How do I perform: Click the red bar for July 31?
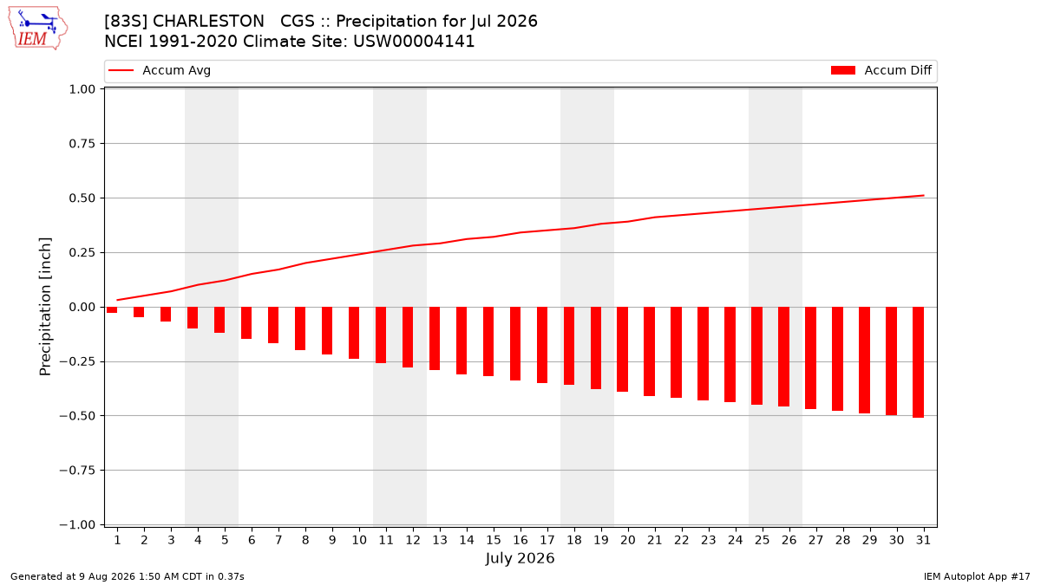(918, 362)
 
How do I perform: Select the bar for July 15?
(488, 341)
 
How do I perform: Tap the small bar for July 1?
(112, 309)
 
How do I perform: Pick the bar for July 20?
(622, 349)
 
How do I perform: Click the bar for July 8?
(300, 328)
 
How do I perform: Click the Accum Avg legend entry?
(160, 70)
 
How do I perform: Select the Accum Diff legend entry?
(881, 70)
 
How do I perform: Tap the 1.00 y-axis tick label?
(82, 89)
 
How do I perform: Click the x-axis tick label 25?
(762, 540)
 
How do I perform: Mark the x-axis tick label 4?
(198, 540)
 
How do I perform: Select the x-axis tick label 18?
(574, 540)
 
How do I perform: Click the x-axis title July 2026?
(520, 558)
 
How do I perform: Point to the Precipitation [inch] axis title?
(45, 307)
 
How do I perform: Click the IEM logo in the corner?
(37, 29)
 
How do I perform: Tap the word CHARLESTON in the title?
(208, 22)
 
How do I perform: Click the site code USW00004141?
(414, 42)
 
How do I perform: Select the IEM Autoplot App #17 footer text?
(977, 576)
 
